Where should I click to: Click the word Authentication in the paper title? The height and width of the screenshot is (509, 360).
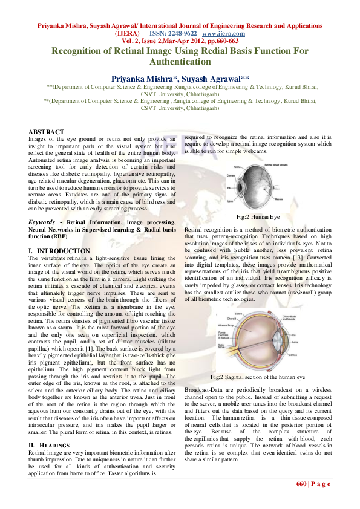tap(180, 62)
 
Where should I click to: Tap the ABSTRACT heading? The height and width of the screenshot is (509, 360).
tap(47, 132)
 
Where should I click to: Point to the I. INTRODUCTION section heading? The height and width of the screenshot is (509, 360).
tap(59, 250)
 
